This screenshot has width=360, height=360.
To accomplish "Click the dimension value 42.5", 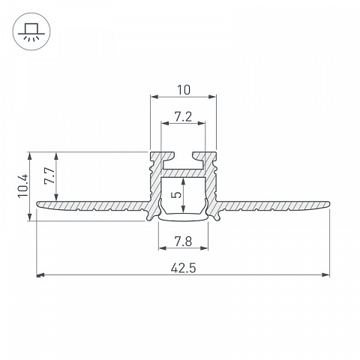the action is [183, 268].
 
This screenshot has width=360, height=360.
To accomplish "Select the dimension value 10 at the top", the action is [184, 90].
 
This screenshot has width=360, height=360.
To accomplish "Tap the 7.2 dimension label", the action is [183, 117].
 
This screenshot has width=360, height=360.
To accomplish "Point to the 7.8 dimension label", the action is [183, 241].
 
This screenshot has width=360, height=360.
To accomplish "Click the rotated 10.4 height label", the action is [23, 186].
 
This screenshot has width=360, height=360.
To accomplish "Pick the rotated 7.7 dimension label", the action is [49, 175].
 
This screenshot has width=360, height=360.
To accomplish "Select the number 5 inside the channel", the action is [177, 194].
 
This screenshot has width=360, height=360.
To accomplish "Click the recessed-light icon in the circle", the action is [31, 31].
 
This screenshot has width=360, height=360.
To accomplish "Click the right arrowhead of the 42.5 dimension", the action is [325, 275].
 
